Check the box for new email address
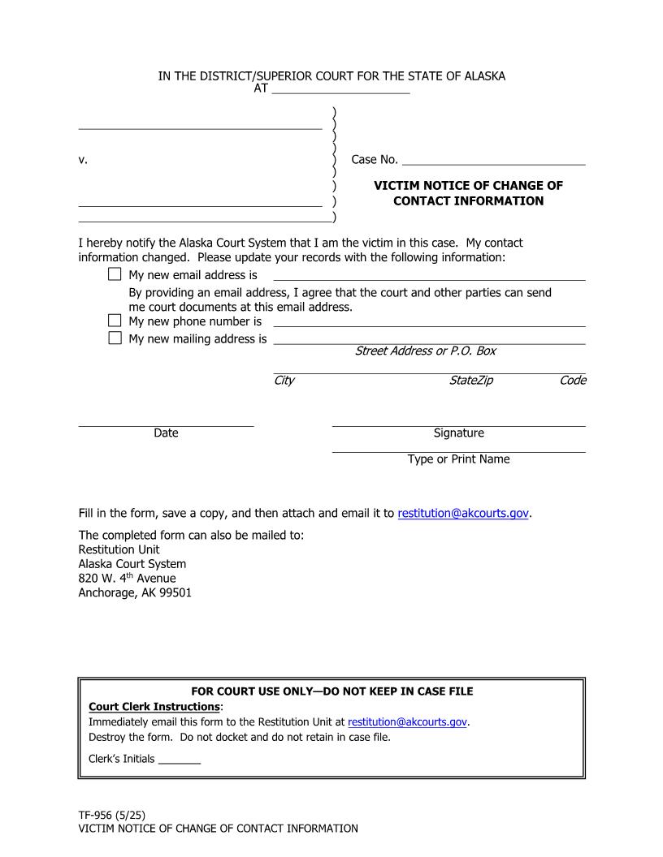(115, 275)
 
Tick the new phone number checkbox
(115, 321)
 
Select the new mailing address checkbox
(115, 338)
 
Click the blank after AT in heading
(340, 89)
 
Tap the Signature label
(458, 433)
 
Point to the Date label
(166, 433)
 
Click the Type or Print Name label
(458, 459)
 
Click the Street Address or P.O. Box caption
(425, 351)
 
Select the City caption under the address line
(284, 381)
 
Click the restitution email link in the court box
(407, 721)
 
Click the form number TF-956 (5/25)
(112, 814)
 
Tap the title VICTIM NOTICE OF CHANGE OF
(468, 186)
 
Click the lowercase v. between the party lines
(83, 160)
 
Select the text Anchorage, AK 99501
(135, 592)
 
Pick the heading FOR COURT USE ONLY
(331, 691)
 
